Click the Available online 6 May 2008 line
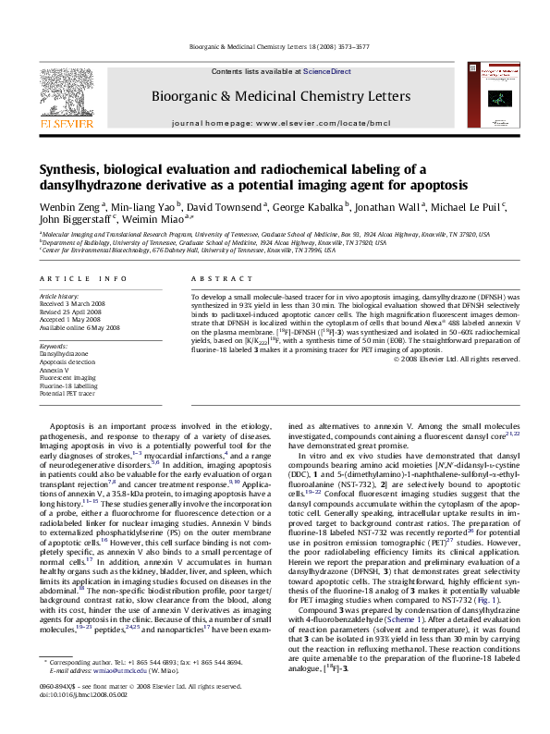(80, 327)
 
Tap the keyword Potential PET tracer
(67, 393)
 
